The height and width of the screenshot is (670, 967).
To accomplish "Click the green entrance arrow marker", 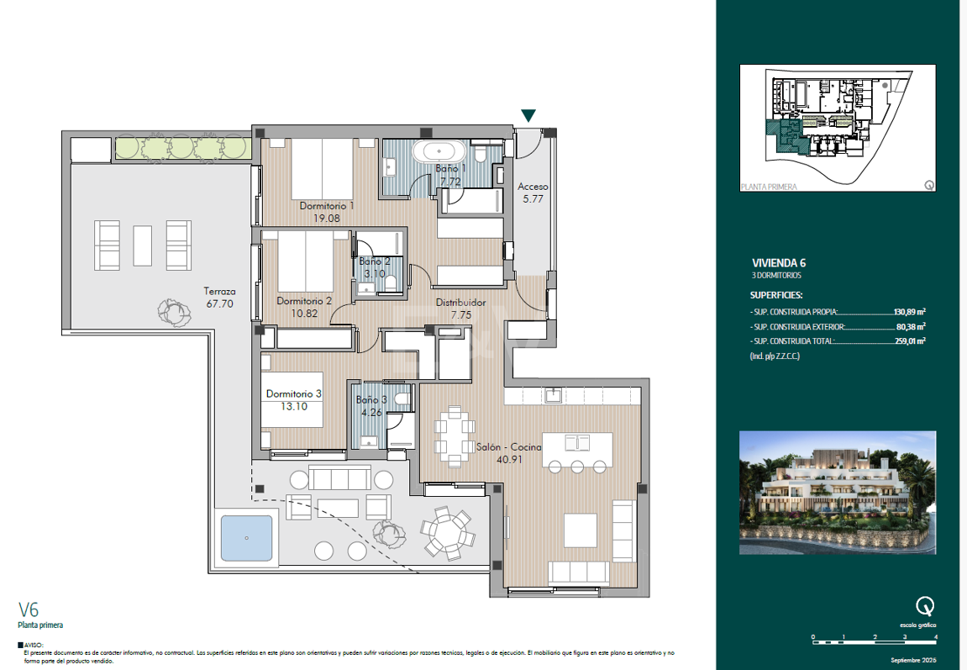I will tap(528, 116).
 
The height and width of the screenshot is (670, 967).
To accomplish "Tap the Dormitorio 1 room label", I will tap(327, 205).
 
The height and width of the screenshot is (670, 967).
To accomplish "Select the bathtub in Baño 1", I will tap(439, 152).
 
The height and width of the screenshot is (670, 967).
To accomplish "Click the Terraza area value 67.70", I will tap(219, 304).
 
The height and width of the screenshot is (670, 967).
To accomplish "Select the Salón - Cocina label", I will tap(508, 447).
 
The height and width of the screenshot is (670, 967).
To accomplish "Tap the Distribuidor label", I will tap(460, 303).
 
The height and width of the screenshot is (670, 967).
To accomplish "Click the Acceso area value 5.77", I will tap(533, 199).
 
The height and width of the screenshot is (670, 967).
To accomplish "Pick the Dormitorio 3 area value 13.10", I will tap(294, 406).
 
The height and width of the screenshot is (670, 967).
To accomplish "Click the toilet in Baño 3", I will tap(402, 399).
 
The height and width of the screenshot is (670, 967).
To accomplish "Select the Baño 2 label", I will tap(375, 261).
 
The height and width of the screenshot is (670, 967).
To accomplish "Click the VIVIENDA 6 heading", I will tap(779, 262).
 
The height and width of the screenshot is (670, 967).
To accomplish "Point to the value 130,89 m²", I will tap(909, 311).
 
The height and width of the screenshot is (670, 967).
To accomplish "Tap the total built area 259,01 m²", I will tap(909, 341).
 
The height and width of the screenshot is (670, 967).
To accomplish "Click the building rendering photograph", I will tap(837, 493).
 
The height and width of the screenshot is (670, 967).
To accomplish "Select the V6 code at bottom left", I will tap(29, 610).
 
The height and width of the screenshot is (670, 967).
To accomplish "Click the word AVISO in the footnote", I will tap(34, 646).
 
